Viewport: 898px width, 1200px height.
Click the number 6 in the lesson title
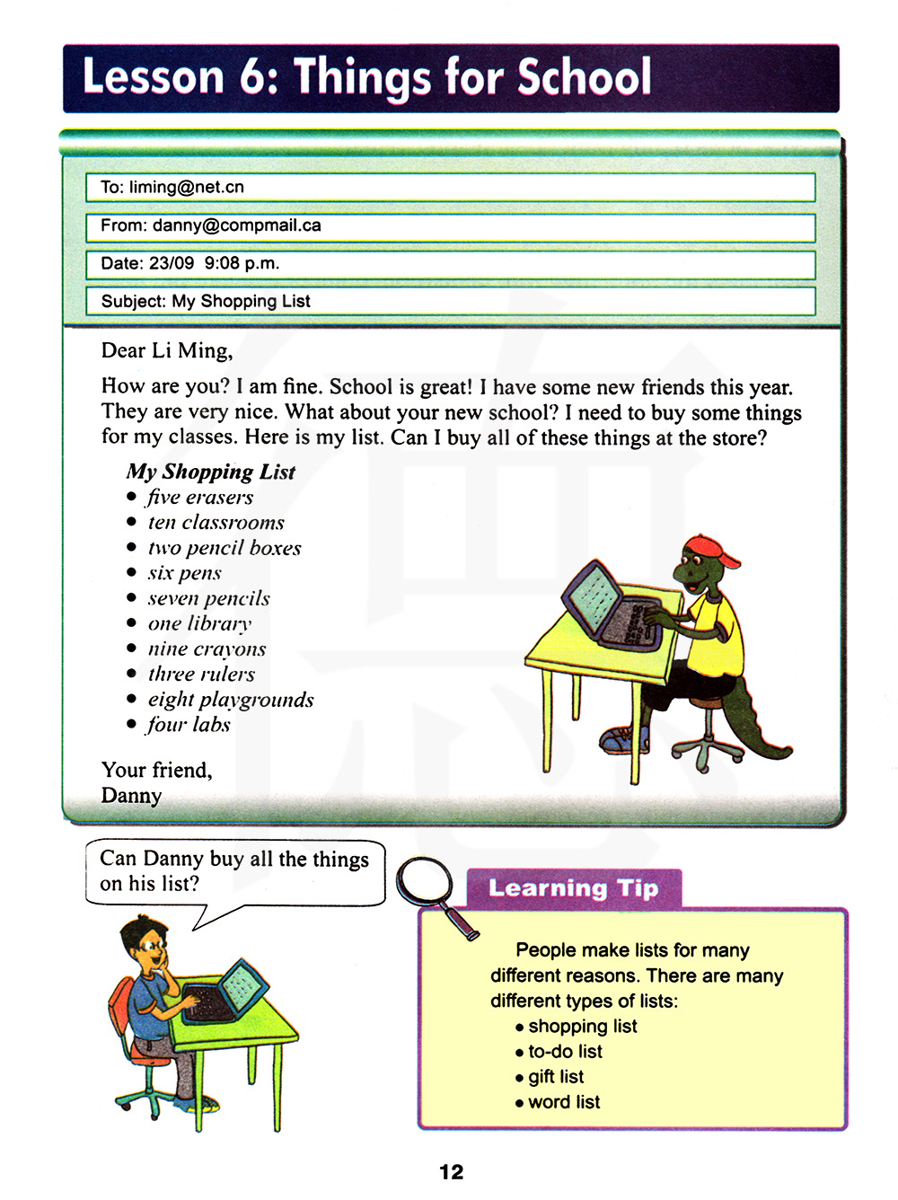[x=252, y=77]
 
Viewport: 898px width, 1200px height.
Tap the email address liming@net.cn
[x=187, y=187]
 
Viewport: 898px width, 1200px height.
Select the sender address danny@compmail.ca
[x=237, y=225]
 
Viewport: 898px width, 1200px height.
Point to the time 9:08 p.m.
[x=242, y=263]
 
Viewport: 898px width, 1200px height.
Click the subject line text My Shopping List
[x=241, y=301]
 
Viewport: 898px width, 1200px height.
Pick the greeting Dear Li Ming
[x=167, y=350]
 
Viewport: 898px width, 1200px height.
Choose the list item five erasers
[x=200, y=497]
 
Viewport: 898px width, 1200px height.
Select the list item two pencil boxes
[x=224, y=547]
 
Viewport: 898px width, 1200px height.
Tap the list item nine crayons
[x=207, y=649]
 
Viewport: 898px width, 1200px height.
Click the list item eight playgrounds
[x=231, y=699]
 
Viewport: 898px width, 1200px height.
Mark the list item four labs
[x=189, y=724]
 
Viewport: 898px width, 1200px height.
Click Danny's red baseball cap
[x=713, y=550]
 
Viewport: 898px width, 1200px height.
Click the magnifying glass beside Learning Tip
[x=430, y=888]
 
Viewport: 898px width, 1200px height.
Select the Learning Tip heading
[x=573, y=888]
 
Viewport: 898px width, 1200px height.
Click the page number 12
[x=451, y=1171]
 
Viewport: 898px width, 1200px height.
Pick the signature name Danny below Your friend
[x=131, y=796]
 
